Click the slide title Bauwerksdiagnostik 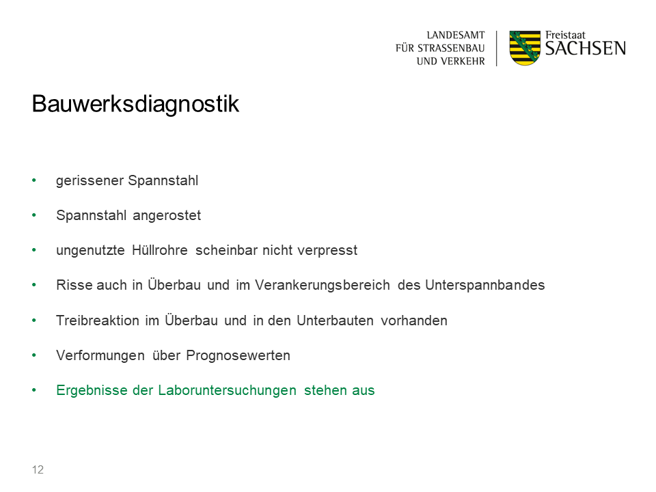point(135,104)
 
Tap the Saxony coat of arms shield point(525,48)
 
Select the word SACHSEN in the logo point(586,49)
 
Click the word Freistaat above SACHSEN point(565,35)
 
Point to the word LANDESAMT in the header point(456,35)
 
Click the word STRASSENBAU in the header point(451,48)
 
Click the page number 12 point(38,469)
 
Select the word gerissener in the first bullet point(90,180)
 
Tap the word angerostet point(167,215)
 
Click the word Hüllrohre point(160,250)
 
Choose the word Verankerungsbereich point(323,285)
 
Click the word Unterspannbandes point(485,285)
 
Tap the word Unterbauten point(335,320)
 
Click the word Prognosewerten point(238,355)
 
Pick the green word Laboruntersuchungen point(227,390)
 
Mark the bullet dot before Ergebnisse point(34,390)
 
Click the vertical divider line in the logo point(497,48)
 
